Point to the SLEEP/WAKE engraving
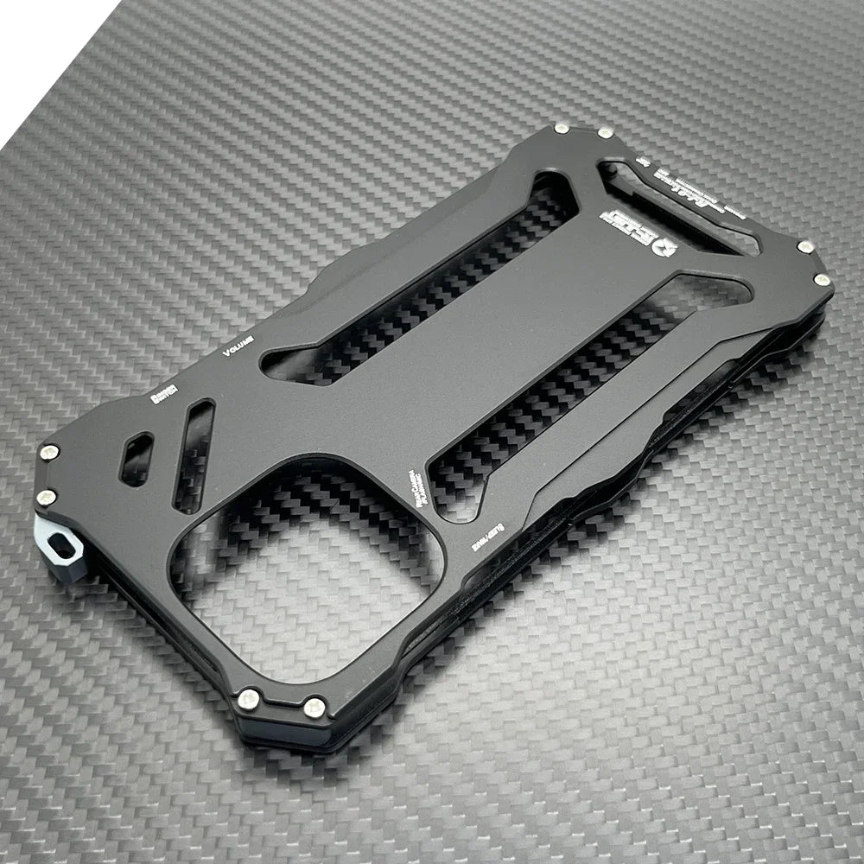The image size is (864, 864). click(481, 541)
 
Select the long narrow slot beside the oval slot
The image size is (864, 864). click(193, 453)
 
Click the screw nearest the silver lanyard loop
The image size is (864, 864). click(47, 497)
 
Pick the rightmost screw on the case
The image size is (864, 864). click(822, 280)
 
